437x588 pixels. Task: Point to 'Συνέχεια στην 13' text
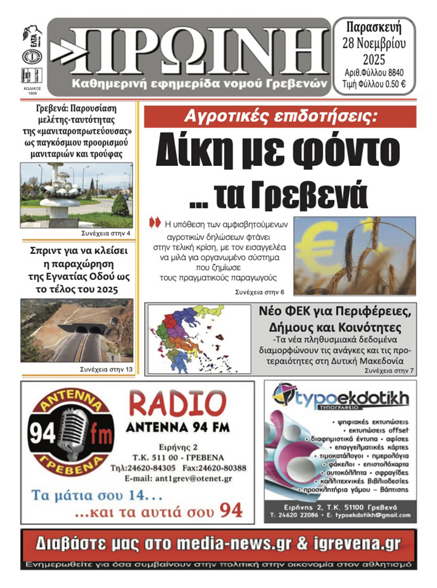tap(106, 370)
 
